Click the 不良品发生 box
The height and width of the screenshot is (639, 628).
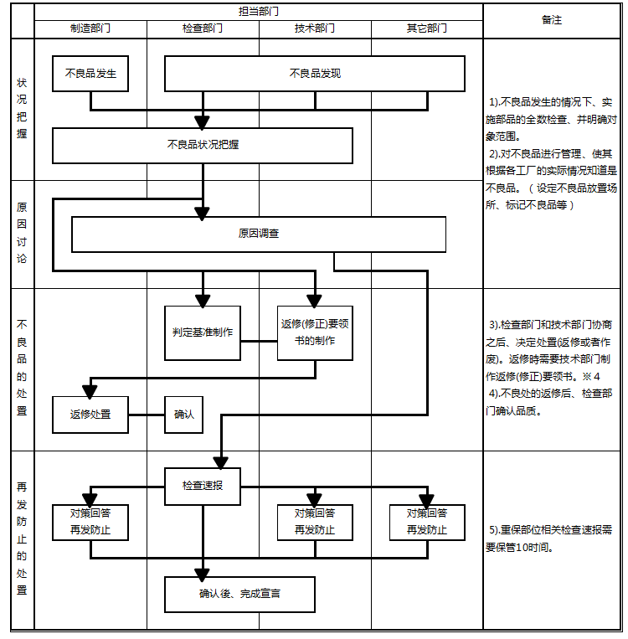pyautogui.click(x=90, y=74)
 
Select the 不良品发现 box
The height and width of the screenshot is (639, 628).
pyautogui.click(x=315, y=74)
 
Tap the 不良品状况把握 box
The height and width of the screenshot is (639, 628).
pyautogui.click(x=203, y=145)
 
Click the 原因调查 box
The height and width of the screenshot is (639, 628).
pyautogui.click(x=259, y=234)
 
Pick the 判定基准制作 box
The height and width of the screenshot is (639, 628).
pyautogui.click(x=203, y=332)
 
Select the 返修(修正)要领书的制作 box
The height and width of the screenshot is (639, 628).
pyautogui.click(x=315, y=332)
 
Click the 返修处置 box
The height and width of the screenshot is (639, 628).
pyautogui.click(x=90, y=415)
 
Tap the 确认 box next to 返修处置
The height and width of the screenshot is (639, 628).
pyautogui.click(x=183, y=415)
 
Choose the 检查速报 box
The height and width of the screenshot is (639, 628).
pyautogui.click(x=203, y=486)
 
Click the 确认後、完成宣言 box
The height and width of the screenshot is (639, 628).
pyautogui.click(x=240, y=595)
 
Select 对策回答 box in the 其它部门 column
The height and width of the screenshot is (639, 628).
pyautogui.click(x=427, y=522)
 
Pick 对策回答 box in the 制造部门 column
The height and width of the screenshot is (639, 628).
pyautogui.click(x=90, y=522)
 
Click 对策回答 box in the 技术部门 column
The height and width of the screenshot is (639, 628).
pyautogui.click(x=315, y=522)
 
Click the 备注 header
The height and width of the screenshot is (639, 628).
pyautogui.click(x=553, y=20)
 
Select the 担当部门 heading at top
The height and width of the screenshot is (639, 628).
pyautogui.click(x=259, y=11)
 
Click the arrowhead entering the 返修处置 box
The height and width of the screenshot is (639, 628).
pyautogui.click(x=90, y=391)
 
